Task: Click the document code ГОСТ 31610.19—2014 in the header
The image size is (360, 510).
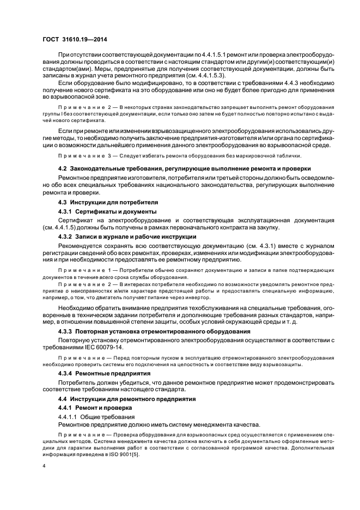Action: (x=71, y=40)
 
